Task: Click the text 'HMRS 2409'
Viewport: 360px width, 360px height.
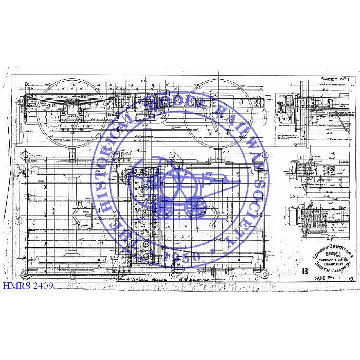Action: [28, 284]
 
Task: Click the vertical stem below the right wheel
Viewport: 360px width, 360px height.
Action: [219, 153]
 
